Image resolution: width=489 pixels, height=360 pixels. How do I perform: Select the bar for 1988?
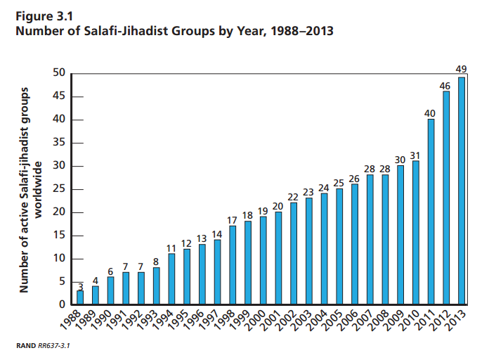click(80, 298)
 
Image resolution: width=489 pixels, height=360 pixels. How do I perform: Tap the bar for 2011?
click(431, 212)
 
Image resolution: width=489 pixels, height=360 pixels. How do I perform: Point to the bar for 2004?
click(324, 250)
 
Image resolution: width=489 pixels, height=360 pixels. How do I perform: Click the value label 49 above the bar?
click(462, 69)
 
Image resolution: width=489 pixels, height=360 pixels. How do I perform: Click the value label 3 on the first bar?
click(80, 286)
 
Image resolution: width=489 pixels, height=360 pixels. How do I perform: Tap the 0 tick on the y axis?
click(62, 305)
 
